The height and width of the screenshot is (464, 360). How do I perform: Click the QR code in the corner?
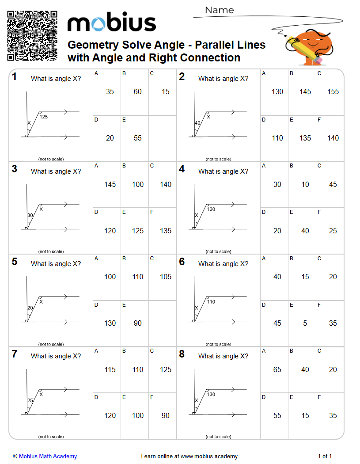32,36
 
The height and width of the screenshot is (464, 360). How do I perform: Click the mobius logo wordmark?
111,23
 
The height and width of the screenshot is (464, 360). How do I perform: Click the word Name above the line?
220,10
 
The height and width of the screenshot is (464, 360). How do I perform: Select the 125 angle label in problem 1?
44,117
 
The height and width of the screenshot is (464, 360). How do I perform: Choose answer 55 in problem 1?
138,138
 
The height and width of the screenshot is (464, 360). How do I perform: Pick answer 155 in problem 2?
333,91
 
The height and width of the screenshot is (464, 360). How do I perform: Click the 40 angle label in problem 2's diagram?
197,123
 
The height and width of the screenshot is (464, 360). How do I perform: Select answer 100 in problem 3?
138,184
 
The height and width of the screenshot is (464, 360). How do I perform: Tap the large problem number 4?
182,169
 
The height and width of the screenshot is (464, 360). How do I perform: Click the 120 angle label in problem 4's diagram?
211,209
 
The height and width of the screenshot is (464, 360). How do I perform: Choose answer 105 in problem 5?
166,277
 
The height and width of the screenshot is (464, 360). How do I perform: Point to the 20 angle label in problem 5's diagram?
30,308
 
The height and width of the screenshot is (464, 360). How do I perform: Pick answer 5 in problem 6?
305,323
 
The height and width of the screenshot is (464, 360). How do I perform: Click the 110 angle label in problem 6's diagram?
211,302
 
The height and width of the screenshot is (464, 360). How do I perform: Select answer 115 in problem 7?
110,369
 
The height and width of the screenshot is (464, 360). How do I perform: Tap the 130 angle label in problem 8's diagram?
211,394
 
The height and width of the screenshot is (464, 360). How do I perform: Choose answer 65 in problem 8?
277,369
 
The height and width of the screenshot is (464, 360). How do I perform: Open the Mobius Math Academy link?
48,456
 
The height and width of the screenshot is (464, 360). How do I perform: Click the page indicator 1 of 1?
325,456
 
